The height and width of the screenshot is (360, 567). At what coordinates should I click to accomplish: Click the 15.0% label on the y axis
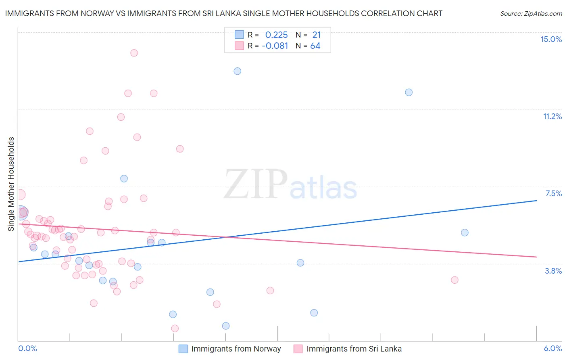pyautogui.click(x=551, y=39)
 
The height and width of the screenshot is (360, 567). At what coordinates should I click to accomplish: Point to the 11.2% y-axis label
pyautogui.click(x=552, y=116)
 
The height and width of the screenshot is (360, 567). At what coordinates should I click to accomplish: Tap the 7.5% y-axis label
pyautogui.click(x=553, y=193)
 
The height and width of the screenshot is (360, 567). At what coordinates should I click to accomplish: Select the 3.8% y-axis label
pyautogui.click(x=553, y=271)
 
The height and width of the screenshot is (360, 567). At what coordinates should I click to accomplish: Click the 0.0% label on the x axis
pyautogui.click(x=27, y=348)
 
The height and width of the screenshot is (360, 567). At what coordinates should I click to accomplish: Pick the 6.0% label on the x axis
pyautogui.click(x=552, y=348)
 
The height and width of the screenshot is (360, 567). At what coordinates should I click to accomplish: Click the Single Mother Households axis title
pyautogui.click(x=11, y=184)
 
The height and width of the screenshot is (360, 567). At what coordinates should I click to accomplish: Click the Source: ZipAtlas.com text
pyautogui.click(x=531, y=13)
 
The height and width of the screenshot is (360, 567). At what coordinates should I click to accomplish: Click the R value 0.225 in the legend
pyautogui.click(x=276, y=35)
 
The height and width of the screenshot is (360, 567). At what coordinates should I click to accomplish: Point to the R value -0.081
pyautogui.click(x=275, y=46)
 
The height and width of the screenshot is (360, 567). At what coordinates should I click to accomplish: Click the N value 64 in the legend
pyautogui.click(x=315, y=46)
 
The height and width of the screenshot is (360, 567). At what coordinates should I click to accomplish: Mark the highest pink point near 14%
pyautogui.click(x=134, y=53)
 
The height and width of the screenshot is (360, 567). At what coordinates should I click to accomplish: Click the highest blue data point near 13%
pyautogui.click(x=238, y=71)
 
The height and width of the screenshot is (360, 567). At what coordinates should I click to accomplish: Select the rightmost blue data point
pyautogui.click(x=465, y=232)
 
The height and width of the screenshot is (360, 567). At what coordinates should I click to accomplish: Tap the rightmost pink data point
pyautogui.click(x=454, y=280)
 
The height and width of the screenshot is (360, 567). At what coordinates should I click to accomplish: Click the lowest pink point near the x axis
pyautogui.click(x=175, y=329)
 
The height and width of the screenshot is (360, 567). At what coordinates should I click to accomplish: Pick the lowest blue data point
pyautogui.click(x=226, y=326)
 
